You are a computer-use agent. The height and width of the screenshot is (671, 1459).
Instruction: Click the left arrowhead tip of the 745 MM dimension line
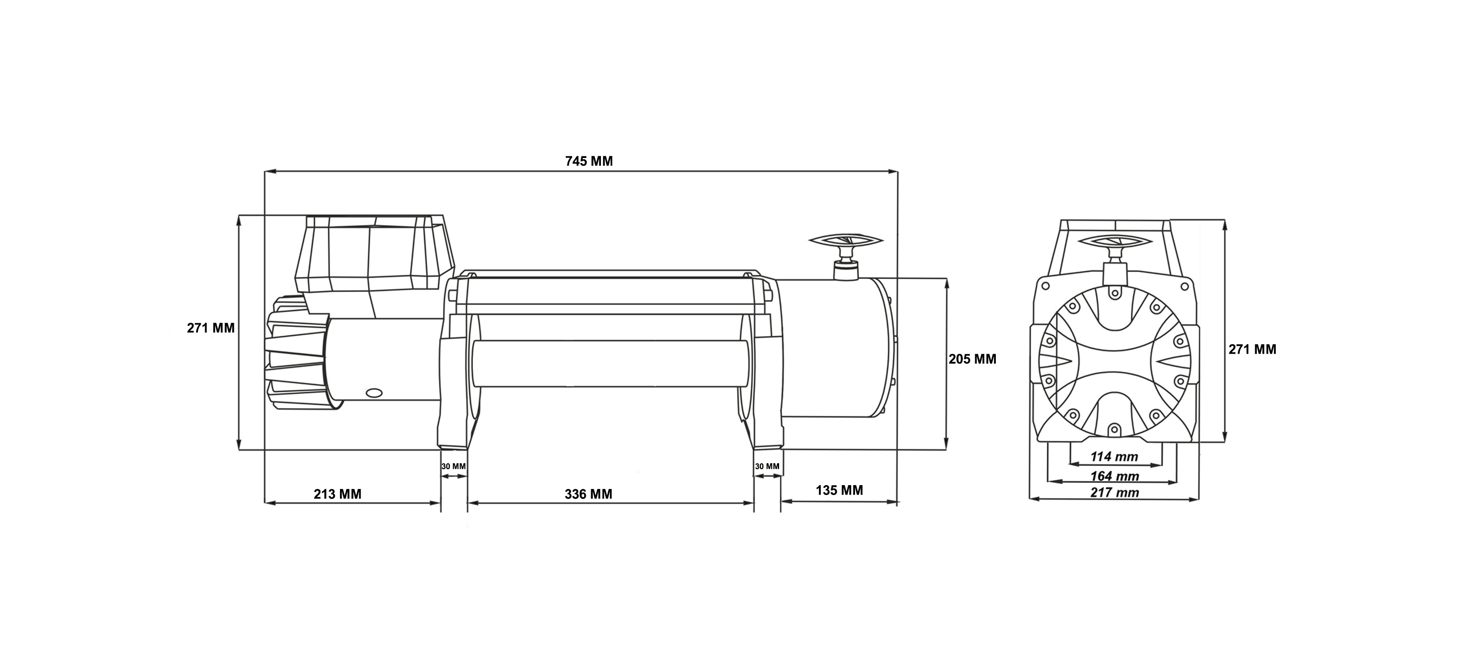pyautogui.click(x=266, y=170)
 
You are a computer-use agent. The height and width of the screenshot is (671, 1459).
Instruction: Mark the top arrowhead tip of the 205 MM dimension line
pyautogui.click(x=947, y=279)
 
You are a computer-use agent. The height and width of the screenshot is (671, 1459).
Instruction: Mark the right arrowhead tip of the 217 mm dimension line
pyautogui.click(x=1199, y=499)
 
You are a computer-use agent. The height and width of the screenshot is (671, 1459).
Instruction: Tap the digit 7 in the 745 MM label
pyautogui.click(x=569, y=161)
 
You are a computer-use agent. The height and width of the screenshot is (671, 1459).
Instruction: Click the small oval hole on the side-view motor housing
pyautogui.click(x=374, y=392)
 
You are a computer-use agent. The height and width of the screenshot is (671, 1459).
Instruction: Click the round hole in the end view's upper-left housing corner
pyautogui.click(x=1045, y=286)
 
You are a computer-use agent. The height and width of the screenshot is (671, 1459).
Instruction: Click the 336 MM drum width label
pyautogui.click(x=588, y=494)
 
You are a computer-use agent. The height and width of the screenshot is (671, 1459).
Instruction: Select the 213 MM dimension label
pyautogui.click(x=337, y=494)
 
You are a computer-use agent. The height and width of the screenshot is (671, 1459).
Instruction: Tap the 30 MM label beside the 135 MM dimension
pyautogui.click(x=767, y=467)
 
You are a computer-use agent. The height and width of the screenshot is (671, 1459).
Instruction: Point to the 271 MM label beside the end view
pyautogui.click(x=1252, y=349)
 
